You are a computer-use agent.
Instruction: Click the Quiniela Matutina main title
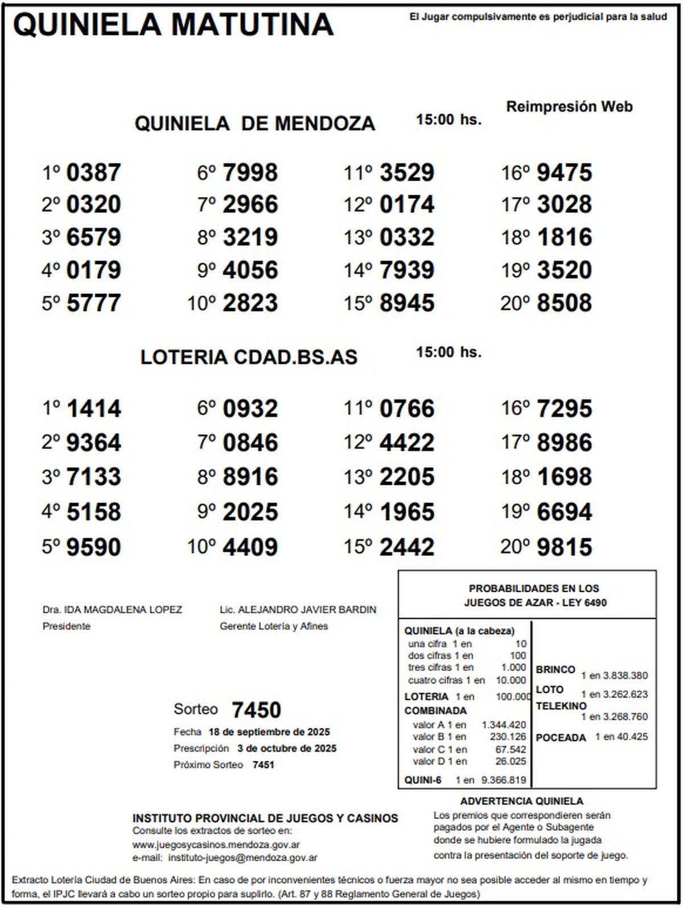click(173, 25)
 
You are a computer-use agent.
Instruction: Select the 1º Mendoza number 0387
click(93, 173)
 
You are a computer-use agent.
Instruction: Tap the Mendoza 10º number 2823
click(250, 303)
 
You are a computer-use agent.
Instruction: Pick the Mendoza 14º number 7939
click(406, 270)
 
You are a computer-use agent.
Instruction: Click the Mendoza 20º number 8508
click(564, 303)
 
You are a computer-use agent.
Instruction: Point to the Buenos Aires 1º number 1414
click(93, 409)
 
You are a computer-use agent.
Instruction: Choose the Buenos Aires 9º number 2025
click(250, 512)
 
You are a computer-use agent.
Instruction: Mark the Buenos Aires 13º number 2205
click(406, 477)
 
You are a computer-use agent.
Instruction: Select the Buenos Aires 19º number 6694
click(564, 512)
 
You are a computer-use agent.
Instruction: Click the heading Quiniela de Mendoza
click(254, 124)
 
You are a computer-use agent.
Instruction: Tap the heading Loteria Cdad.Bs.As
click(249, 357)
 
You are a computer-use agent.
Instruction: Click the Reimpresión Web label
click(569, 107)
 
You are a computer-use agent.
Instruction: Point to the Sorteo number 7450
click(256, 710)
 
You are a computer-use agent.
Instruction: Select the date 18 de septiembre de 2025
click(269, 732)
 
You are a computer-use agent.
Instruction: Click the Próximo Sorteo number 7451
click(263, 765)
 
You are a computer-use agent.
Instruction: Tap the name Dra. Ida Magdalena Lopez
click(112, 610)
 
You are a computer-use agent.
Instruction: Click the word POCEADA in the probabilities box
click(561, 738)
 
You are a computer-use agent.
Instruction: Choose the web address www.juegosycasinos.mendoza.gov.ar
click(216, 845)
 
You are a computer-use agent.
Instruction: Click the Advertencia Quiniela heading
click(521, 801)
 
